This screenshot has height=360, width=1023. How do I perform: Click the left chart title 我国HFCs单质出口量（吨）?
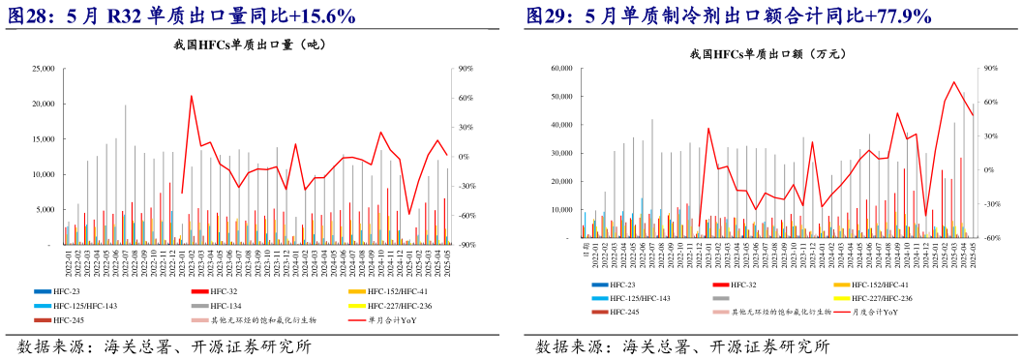click(250, 45)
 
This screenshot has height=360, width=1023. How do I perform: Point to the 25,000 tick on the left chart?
click(42, 69)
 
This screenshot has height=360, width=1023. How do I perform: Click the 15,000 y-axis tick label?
click(42, 139)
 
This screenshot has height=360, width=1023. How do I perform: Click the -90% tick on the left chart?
click(466, 245)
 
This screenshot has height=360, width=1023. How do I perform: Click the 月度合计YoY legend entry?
click(874, 313)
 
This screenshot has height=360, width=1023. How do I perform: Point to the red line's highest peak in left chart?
click(191, 96)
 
